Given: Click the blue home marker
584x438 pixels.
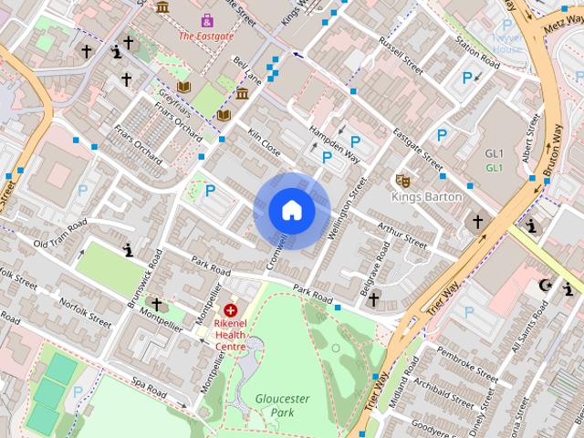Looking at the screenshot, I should [x=291, y=211].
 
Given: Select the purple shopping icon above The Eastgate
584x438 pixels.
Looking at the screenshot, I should [x=207, y=19].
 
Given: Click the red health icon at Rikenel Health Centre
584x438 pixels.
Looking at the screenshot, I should [x=230, y=311].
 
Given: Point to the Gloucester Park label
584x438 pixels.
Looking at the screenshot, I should [x=283, y=406].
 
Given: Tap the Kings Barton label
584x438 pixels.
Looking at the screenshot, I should [x=427, y=196].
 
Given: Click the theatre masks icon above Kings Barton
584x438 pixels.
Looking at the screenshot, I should [x=401, y=180].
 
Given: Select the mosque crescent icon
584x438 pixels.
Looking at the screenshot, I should [x=547, y=286].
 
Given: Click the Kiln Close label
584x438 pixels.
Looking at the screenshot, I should [x=265, y=142].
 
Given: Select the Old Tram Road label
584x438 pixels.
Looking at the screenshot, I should [x=59, y=234].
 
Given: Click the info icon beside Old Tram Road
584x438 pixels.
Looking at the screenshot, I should [x=129, y=249].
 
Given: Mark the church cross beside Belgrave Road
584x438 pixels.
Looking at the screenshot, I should [x=373, y=298].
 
